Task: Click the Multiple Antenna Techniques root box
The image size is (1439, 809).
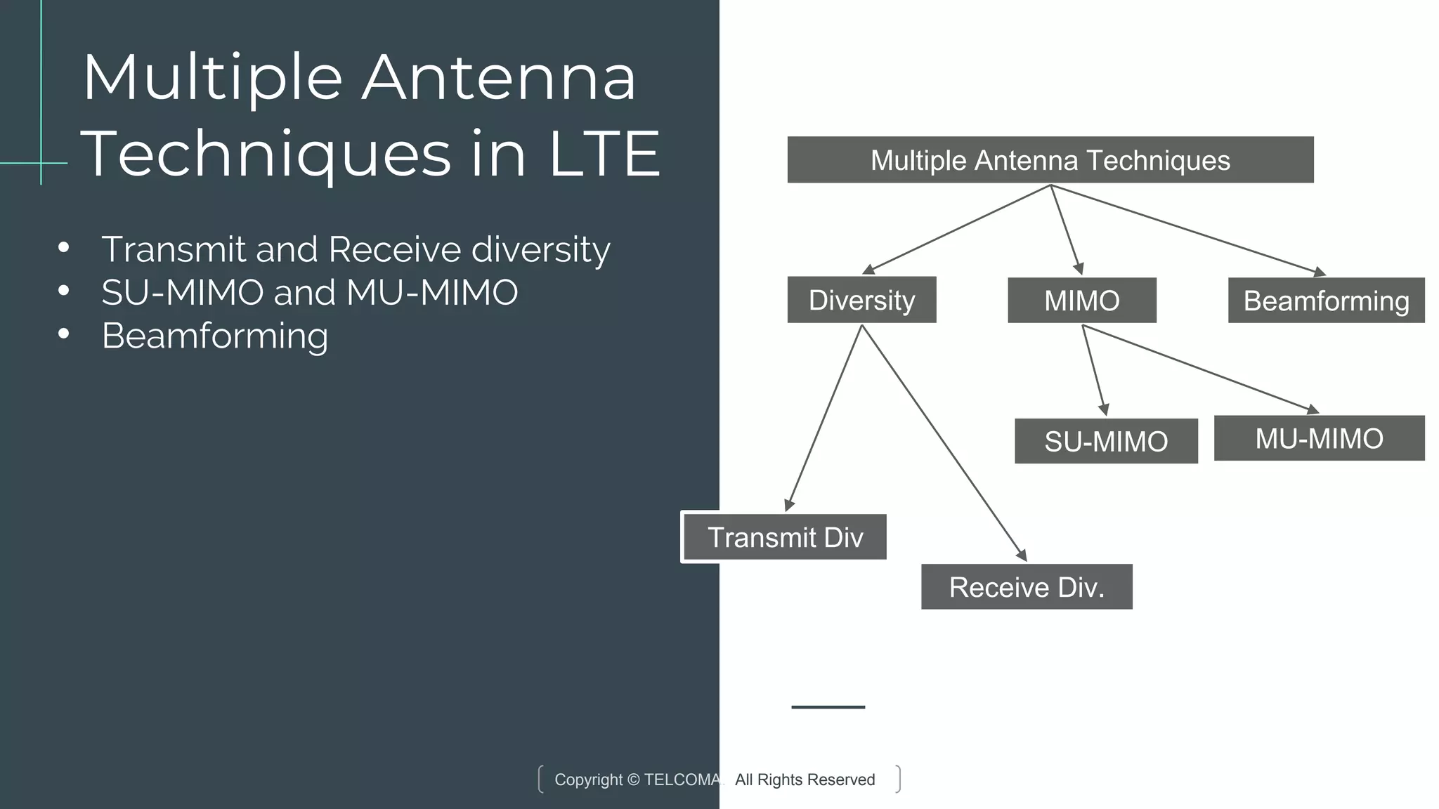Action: coord(1050,160)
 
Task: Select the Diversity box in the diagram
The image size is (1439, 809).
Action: coord(861,300)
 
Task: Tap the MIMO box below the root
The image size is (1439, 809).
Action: coord(1081,301)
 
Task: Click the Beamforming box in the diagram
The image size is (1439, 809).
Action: coord(1326,301)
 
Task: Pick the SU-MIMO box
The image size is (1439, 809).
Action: coord(1106,441)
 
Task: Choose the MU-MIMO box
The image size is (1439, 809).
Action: coord(1319,438)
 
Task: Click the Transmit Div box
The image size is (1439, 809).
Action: coord(785,537)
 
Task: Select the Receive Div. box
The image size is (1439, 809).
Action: coord(1027,587)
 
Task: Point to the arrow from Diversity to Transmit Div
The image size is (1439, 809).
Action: coord(824,417)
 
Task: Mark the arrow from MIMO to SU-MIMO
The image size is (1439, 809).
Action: coord(1094,370)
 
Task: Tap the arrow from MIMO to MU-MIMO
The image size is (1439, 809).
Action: coord(1200,368)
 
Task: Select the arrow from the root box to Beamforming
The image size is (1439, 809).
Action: coord(1187,230)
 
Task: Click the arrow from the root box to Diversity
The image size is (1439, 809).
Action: coord(956,230)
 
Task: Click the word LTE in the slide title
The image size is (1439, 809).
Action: coord(604,153)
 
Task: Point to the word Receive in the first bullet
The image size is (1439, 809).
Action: coord(394,249)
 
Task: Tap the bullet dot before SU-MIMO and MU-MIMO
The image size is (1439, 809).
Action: coord(64,291)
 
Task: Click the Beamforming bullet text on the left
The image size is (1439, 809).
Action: coord(215,336)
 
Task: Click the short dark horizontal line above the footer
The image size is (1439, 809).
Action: coord(828,707)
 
